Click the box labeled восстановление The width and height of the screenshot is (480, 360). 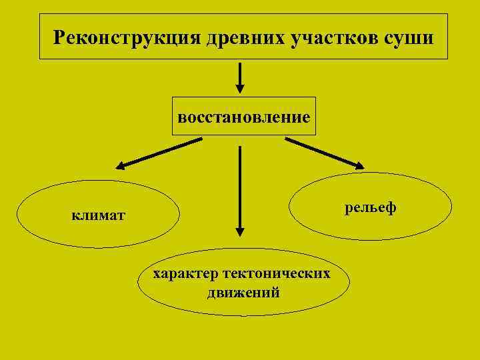244,117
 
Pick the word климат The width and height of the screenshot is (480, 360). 98,215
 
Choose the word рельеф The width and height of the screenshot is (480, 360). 371,207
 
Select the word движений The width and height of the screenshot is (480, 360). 243,292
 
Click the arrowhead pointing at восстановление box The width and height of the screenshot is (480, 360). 241,91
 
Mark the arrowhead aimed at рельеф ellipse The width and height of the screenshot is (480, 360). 360,165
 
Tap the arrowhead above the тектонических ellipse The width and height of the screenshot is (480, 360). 240,231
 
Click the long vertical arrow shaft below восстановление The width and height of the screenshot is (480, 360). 240,187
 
